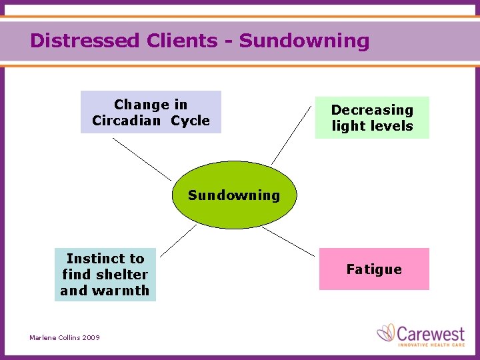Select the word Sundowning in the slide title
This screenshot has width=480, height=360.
coord(304,41)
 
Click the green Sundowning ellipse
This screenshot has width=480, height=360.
coord(233,207)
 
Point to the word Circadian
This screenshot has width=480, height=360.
coord(127,121)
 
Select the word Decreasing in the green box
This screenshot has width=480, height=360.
coord(372,110)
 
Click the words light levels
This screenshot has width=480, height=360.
coord(372,126)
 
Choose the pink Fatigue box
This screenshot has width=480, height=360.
coord(374,269)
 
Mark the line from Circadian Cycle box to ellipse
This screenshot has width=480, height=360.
coord(141,159)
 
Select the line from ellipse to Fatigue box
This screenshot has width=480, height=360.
coord(288,241)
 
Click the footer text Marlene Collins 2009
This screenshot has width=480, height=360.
coord(65,338)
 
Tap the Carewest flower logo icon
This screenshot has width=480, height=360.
coord(387,333)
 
